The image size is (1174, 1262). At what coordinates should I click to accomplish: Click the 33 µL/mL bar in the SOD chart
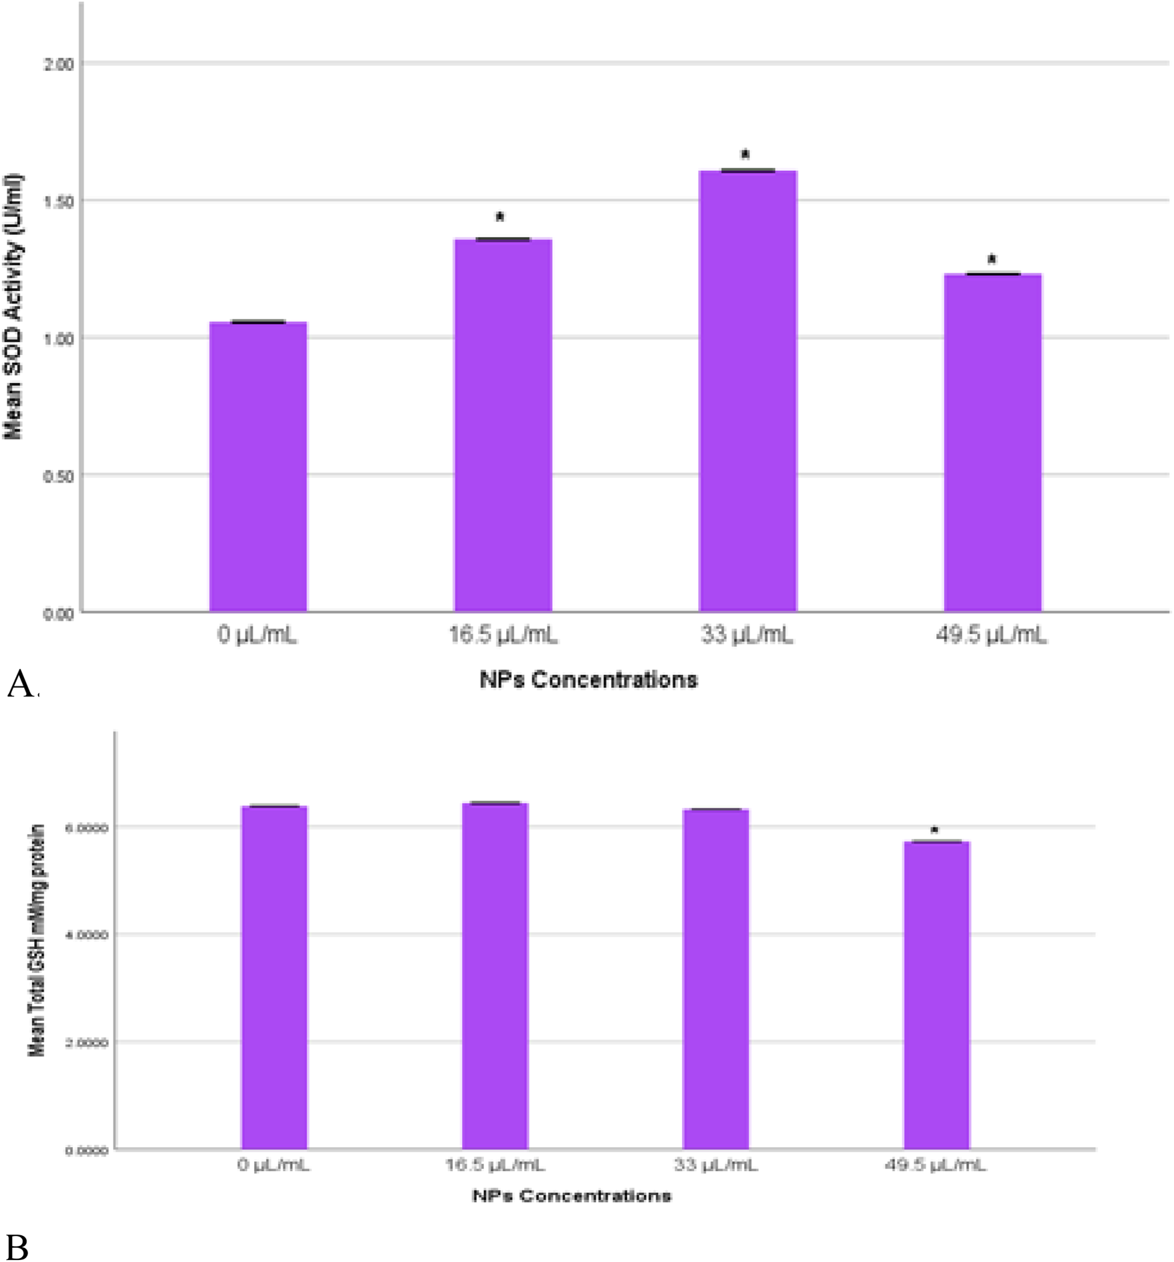click(748, 391)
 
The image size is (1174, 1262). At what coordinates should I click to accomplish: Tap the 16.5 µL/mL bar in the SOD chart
click(503, 425)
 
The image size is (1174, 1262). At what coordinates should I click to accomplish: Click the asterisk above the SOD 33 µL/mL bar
click(745, 154)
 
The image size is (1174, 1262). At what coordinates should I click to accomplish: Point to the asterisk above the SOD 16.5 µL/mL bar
click(499, 217)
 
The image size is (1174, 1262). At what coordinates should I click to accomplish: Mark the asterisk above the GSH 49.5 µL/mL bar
click(935, 830)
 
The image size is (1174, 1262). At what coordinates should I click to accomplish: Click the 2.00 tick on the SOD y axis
click(58, 65)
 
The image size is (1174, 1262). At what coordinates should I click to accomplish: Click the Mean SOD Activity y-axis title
click(13, 307)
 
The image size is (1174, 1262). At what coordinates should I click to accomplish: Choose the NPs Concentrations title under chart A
click(588, 680)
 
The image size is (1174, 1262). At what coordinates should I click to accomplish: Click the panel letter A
click(20, 684)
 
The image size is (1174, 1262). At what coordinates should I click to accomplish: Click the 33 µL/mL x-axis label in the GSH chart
click(715, 1166)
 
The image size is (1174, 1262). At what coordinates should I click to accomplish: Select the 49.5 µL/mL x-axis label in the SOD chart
click(991, 634)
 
